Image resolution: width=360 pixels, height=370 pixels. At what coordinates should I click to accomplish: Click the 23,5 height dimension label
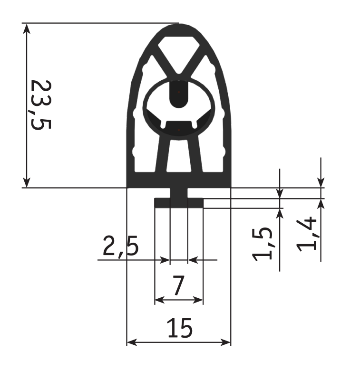41,105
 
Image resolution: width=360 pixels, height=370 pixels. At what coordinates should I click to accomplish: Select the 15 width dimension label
180,328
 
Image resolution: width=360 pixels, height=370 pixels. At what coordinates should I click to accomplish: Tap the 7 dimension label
179,285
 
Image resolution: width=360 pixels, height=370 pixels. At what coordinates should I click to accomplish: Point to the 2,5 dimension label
120,246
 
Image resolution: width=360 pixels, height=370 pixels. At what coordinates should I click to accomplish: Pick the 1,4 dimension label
306,235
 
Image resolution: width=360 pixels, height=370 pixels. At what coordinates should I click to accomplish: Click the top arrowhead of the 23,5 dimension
27,28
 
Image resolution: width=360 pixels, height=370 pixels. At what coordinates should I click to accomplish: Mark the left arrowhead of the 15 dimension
132,342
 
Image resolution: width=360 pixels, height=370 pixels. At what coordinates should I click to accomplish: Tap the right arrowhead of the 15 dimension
225,342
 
